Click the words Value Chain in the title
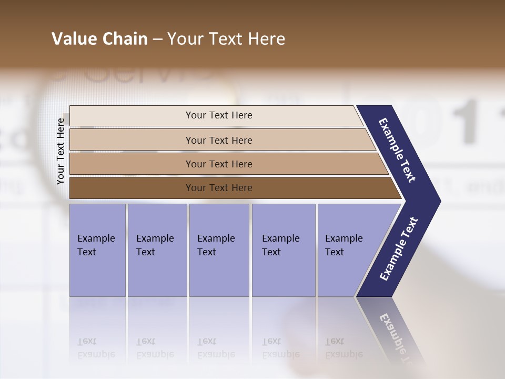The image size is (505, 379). click(x=99, y=39)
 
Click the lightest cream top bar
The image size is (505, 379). click(x=132, y=116)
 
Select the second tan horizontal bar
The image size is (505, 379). click(x=132, y=140)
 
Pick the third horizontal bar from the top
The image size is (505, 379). click(x=132, y=164)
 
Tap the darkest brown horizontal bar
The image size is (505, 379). click(x=132, y=188)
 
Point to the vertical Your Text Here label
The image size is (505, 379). click(x=61, y=151)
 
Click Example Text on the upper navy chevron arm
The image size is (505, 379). click(x=397, y=150)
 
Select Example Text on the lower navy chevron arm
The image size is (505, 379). click(x=398, y=248)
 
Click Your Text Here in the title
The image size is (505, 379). click(x=226, y=39)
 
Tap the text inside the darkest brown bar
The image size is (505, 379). click(x=219, y=188)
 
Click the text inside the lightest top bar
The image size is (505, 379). click(x=219, y=115)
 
